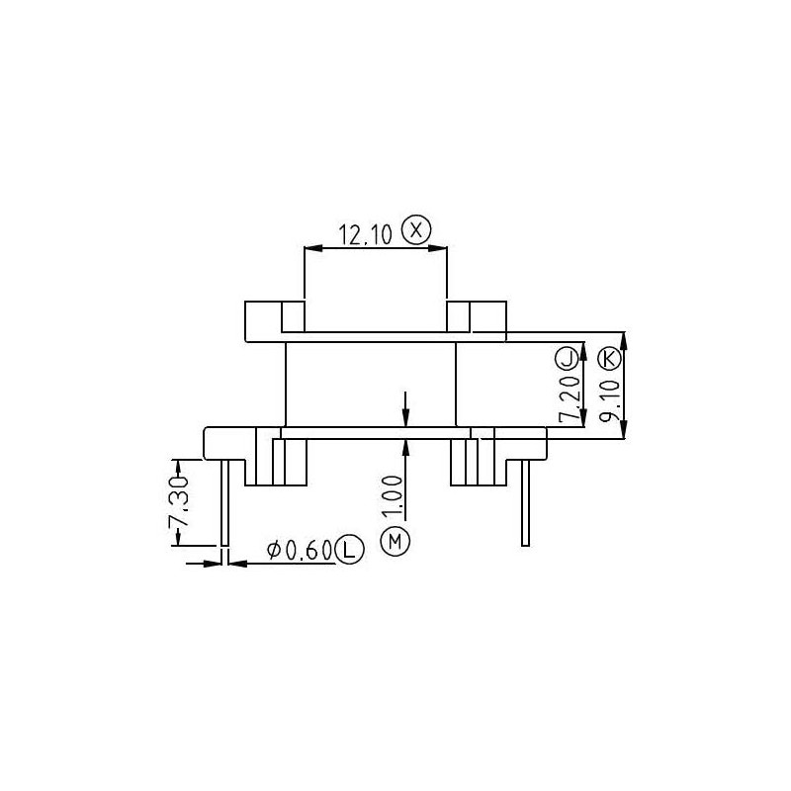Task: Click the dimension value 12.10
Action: point(366,234)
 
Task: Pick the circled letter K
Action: point(610,357)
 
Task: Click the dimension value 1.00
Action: point(394,494)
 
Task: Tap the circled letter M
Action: point(395,541)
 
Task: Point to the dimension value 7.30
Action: point(179,505)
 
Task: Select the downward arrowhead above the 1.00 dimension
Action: point(406,420)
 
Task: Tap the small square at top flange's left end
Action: point(294,317)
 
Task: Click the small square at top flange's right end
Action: point(459,317)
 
